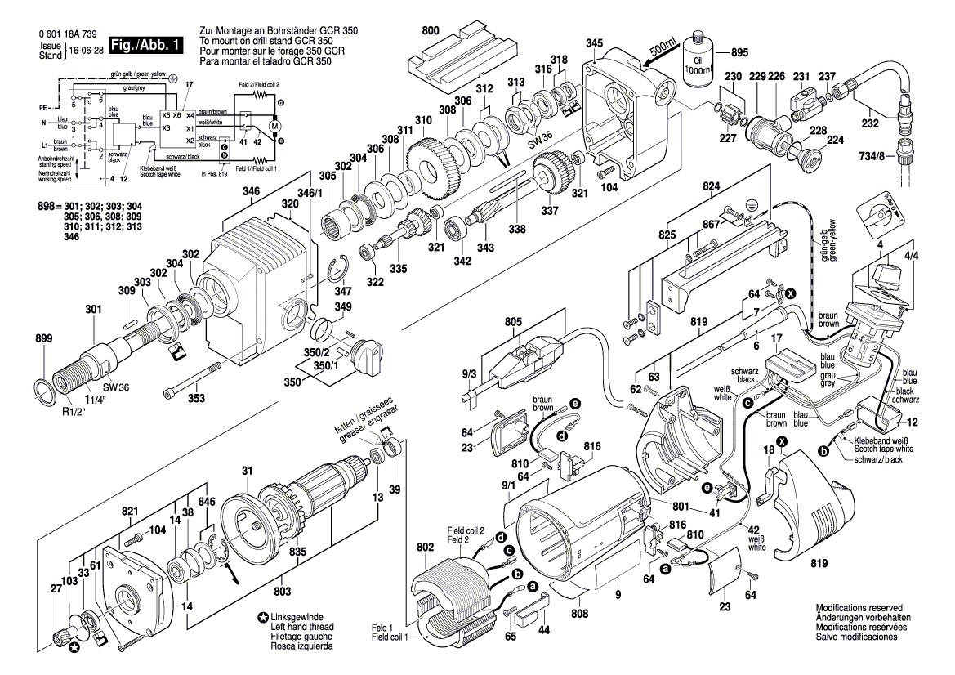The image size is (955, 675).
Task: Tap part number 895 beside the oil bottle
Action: point(739,53)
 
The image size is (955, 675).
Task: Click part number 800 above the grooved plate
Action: point(431,31)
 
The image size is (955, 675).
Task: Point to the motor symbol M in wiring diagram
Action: point(275,127)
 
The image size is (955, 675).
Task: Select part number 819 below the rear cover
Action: point(819,563)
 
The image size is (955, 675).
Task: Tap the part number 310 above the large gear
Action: point(422,121)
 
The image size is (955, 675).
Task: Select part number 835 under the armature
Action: point(297,552)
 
